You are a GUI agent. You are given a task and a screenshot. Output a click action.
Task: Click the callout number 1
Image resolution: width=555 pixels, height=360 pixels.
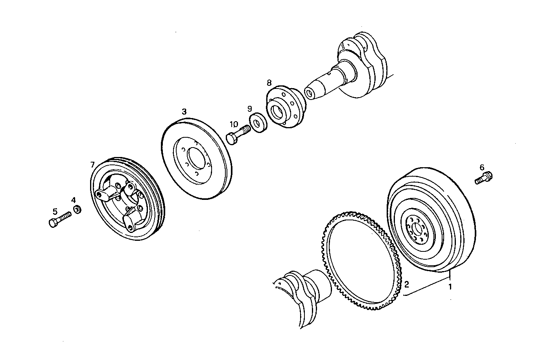[x=450, y=287]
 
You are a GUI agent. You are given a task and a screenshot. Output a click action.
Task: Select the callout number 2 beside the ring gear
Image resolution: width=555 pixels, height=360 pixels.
[x=407, y=284]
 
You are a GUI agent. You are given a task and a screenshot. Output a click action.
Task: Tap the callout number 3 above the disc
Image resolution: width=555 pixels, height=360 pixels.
[x=184, y=112]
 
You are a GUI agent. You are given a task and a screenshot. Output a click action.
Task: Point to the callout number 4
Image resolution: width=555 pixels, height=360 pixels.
[x=74, y=200]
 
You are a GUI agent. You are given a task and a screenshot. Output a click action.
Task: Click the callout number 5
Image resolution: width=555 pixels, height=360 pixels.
[x=55, y=211]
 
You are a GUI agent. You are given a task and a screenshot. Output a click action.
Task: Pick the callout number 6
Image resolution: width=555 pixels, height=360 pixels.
[x=482, y=168]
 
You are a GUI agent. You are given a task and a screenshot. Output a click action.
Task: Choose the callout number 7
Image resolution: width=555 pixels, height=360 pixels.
[x=92, y=164]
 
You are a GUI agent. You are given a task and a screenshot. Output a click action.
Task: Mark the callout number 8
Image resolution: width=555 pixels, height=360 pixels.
[x=269, y=83]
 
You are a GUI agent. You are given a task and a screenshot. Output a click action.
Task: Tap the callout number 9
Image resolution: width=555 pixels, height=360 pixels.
[x=249, y=108]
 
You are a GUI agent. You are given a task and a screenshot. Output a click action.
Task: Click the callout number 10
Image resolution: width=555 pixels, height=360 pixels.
[x=234, y=124]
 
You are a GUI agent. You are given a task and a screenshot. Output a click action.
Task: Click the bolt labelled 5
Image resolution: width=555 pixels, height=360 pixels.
[x=59, y=219]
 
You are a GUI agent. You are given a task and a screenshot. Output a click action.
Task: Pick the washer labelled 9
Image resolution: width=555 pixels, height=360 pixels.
[x=258, y=123]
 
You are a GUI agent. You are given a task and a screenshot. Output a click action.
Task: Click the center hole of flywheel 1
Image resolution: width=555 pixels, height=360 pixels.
[x=417, y=229]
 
